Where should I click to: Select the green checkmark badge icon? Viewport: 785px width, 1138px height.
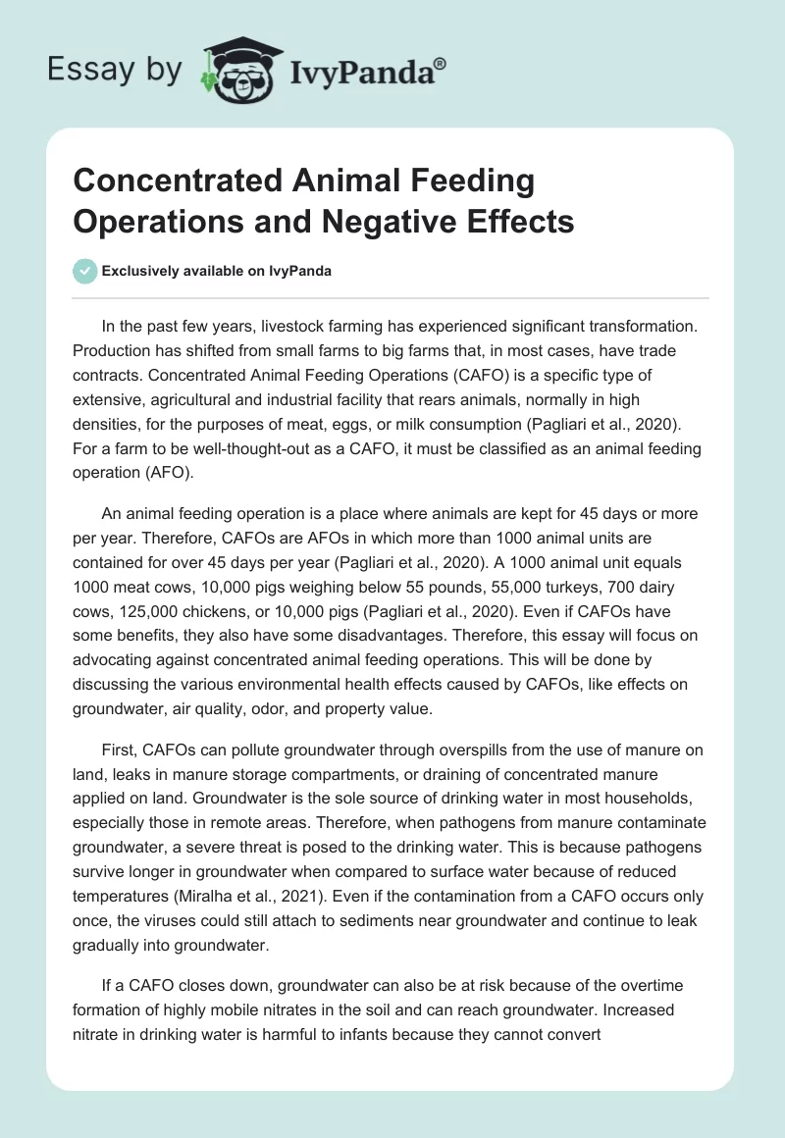(x=86, y=271)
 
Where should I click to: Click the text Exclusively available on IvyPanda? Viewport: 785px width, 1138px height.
(x=217, y=271)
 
